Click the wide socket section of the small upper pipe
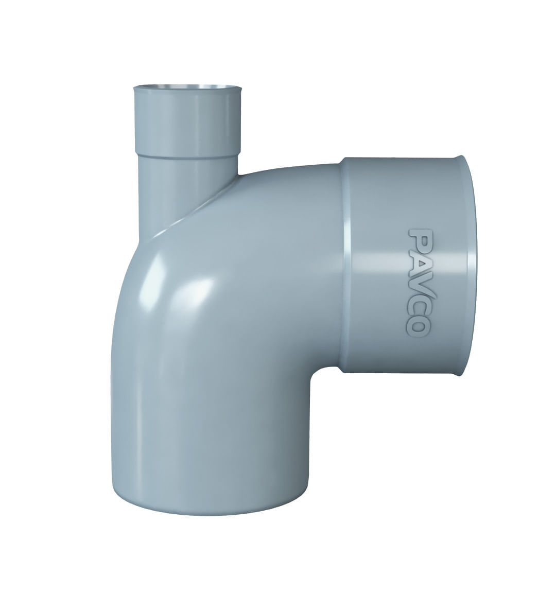[187, 121]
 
